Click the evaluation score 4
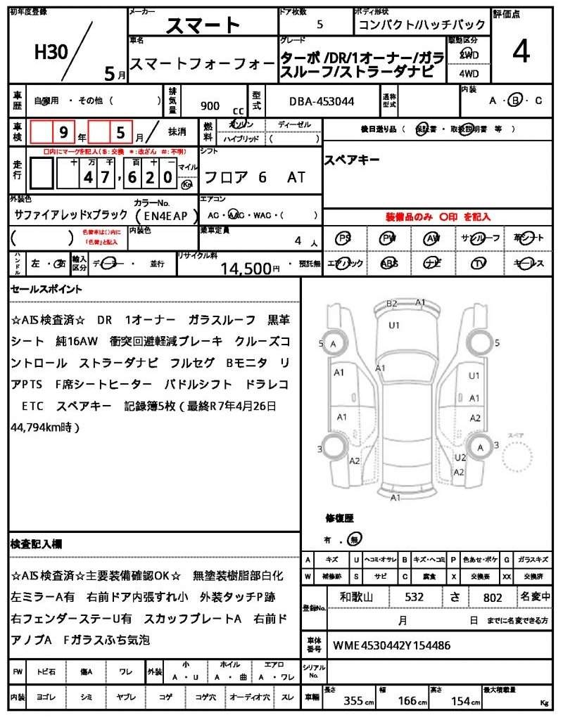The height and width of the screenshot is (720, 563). click(x=521, y=52)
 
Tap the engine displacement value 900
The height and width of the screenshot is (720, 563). click(x=210, y=105)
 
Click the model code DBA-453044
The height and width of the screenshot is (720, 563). click(x=322, y=102)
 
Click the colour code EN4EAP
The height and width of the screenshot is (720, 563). click(x=161, y=216)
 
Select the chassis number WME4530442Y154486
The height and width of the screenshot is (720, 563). click(x=391, y=645)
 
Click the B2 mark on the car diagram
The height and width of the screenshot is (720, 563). click(x=392, y=304)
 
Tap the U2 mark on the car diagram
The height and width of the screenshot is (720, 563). click(x=460, y=458)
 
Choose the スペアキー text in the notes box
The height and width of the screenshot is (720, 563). click(x=351, y=160)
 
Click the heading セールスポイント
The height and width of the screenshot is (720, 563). click(x=46, y=289)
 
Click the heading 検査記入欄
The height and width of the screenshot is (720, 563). click(x=37, y=544)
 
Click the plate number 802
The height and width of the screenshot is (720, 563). click(x=493, y=598)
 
